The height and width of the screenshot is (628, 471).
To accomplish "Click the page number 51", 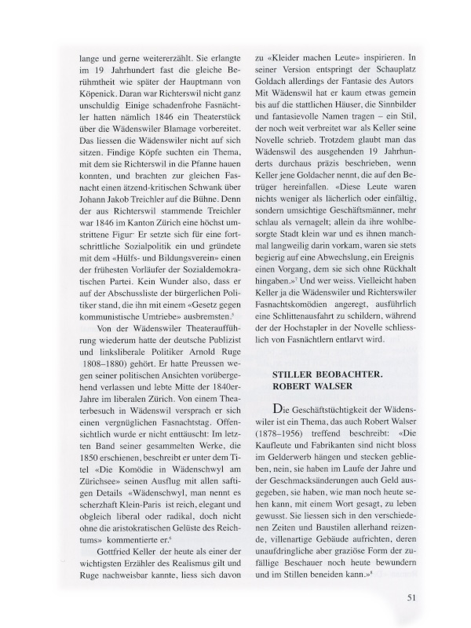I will pyautogui.click(x=411, y=596).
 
